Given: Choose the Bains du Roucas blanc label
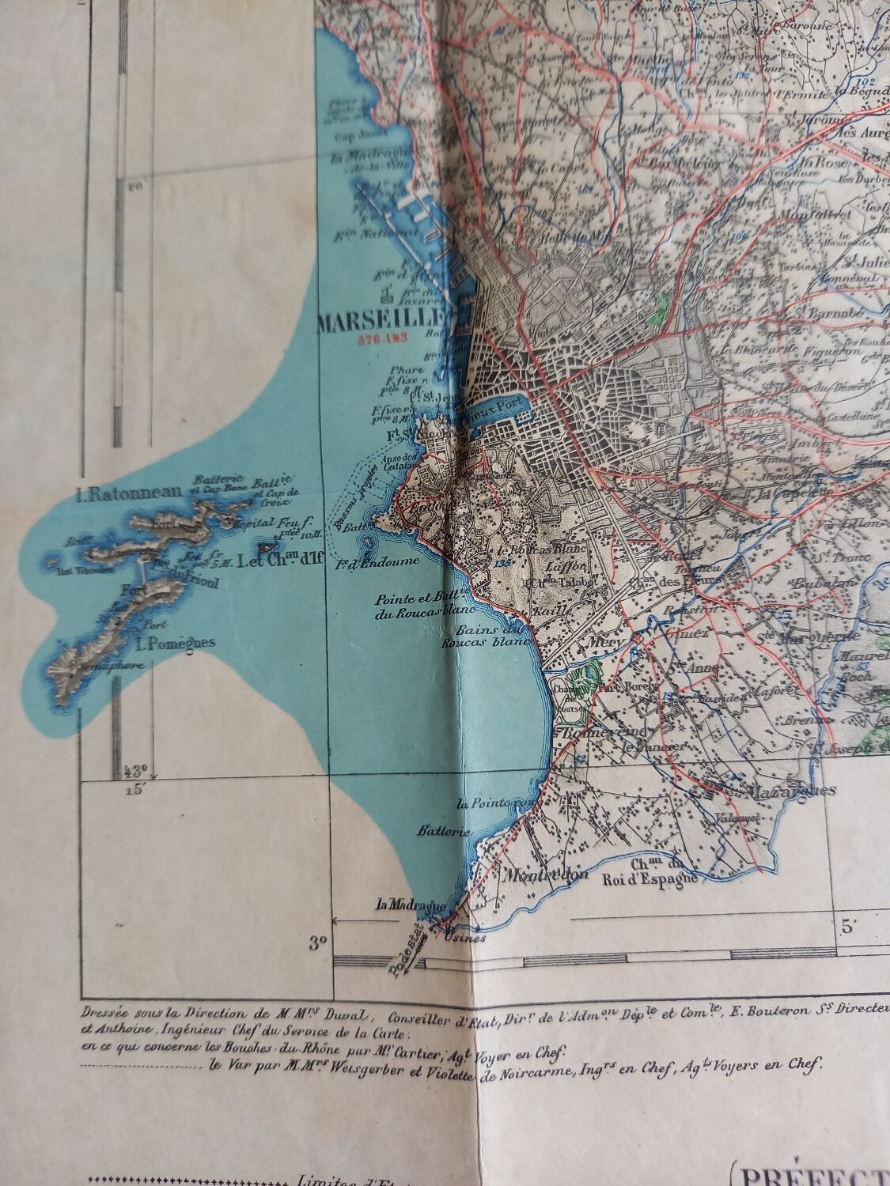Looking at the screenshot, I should click(x=491, y=636).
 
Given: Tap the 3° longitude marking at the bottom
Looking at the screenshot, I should click(x=318, y=942).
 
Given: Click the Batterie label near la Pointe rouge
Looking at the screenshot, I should click(x=445, y=831).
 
